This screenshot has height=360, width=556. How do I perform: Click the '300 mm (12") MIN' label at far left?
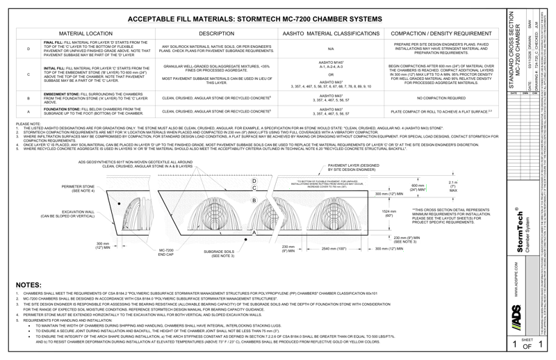point(104,246)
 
